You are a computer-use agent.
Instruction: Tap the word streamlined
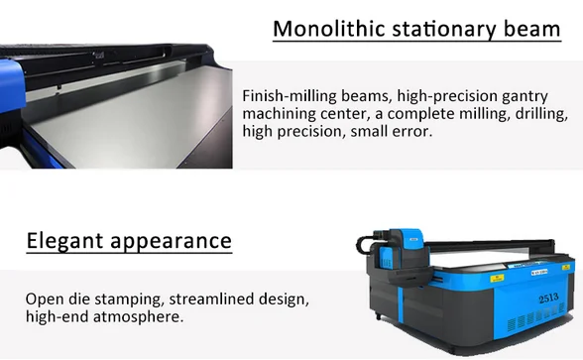(209, 300)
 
